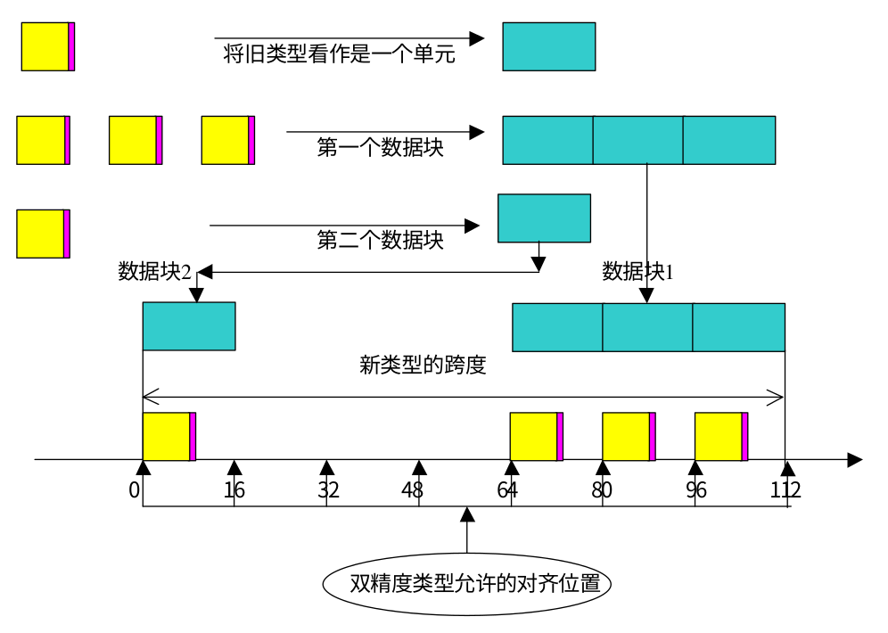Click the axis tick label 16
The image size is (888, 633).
click(234, 489)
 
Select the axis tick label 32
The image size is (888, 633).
click(327, 489)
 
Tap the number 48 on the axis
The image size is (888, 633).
click(413, 489)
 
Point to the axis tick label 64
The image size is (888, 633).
click(506, 489)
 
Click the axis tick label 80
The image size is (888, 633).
click(601, 489)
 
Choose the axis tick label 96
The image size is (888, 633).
click(695, 489)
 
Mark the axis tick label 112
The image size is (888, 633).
click(785, 489)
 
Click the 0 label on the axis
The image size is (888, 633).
click(134, 489)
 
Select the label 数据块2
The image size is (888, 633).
click(154, 271)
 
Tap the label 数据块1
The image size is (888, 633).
click(637, 271)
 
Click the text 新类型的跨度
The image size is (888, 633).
click(423, 365)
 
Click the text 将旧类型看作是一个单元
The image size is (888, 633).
click(339, 54)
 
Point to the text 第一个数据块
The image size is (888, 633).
click(380, 147)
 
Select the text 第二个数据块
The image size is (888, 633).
click(380, 240)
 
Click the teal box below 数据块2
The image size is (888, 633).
click(189, 326)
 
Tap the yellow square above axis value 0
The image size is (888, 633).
click(167, 437)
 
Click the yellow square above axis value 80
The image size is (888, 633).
click(626, 437)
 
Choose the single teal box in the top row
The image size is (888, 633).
click(548, 46)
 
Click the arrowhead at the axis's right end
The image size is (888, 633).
click(855, 460)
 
